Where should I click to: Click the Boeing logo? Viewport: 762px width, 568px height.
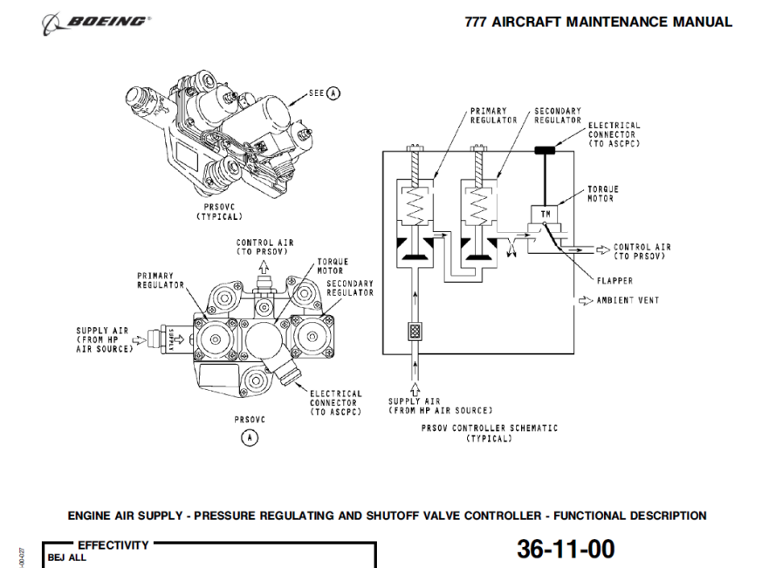click(96, 20)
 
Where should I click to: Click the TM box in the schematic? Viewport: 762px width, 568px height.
click(545, 214)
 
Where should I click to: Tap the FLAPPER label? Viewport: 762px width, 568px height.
click(614, 281)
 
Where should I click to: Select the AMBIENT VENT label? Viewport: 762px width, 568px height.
click(628, 300)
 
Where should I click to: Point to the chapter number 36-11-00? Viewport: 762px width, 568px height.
click(566, 549)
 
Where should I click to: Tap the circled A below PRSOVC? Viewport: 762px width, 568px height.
click(250, 437)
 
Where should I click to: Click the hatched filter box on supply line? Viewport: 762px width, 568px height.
click(415, 332)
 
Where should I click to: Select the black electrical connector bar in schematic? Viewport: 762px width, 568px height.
click(546, 150)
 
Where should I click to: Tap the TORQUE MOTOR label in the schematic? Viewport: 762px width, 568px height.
click(600, 194)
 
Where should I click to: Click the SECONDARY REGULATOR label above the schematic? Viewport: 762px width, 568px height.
click(558, 115)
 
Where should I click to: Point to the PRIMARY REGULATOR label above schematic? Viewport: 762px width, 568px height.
click(488, 115)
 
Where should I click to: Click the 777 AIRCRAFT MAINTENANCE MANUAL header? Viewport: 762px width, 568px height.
click(599, 22)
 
